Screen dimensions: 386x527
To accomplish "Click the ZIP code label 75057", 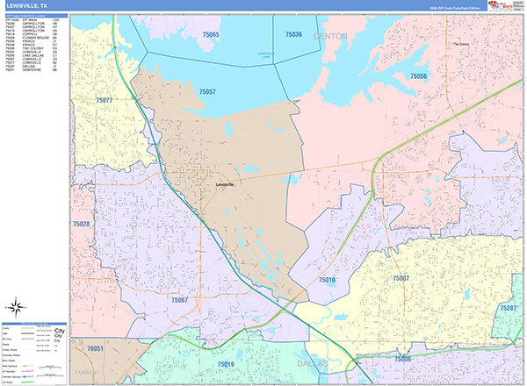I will (208, 91).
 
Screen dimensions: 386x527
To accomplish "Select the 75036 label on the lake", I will (293, 34).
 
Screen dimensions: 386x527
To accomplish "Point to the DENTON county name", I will (330, 36).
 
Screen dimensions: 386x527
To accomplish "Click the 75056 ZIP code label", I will (418, 77).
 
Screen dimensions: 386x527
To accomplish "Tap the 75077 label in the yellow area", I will (104, 101).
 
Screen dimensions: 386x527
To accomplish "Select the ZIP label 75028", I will (81, 225).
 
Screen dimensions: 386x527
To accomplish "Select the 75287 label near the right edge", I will (508, 309).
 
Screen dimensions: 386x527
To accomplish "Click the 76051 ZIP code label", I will (95, 348).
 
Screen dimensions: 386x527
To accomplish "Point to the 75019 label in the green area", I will (226, 362).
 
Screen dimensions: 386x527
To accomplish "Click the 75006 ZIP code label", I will (403, 360).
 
